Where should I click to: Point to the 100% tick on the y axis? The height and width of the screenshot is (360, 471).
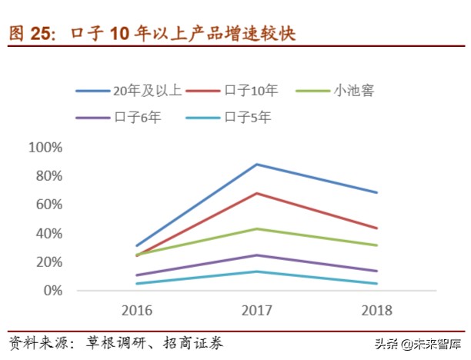(45, 147)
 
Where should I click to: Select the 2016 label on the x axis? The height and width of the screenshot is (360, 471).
(137, 311)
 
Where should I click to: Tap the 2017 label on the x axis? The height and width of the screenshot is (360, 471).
(256, 311)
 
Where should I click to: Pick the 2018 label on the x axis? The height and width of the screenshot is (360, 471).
(376, 311)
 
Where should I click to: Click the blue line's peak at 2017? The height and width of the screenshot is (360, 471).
(256, 164)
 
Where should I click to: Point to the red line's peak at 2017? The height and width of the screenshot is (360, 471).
(256, 193)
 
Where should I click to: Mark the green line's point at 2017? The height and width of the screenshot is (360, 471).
(256, 228)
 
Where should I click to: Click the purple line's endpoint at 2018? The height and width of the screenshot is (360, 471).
(376, 271)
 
